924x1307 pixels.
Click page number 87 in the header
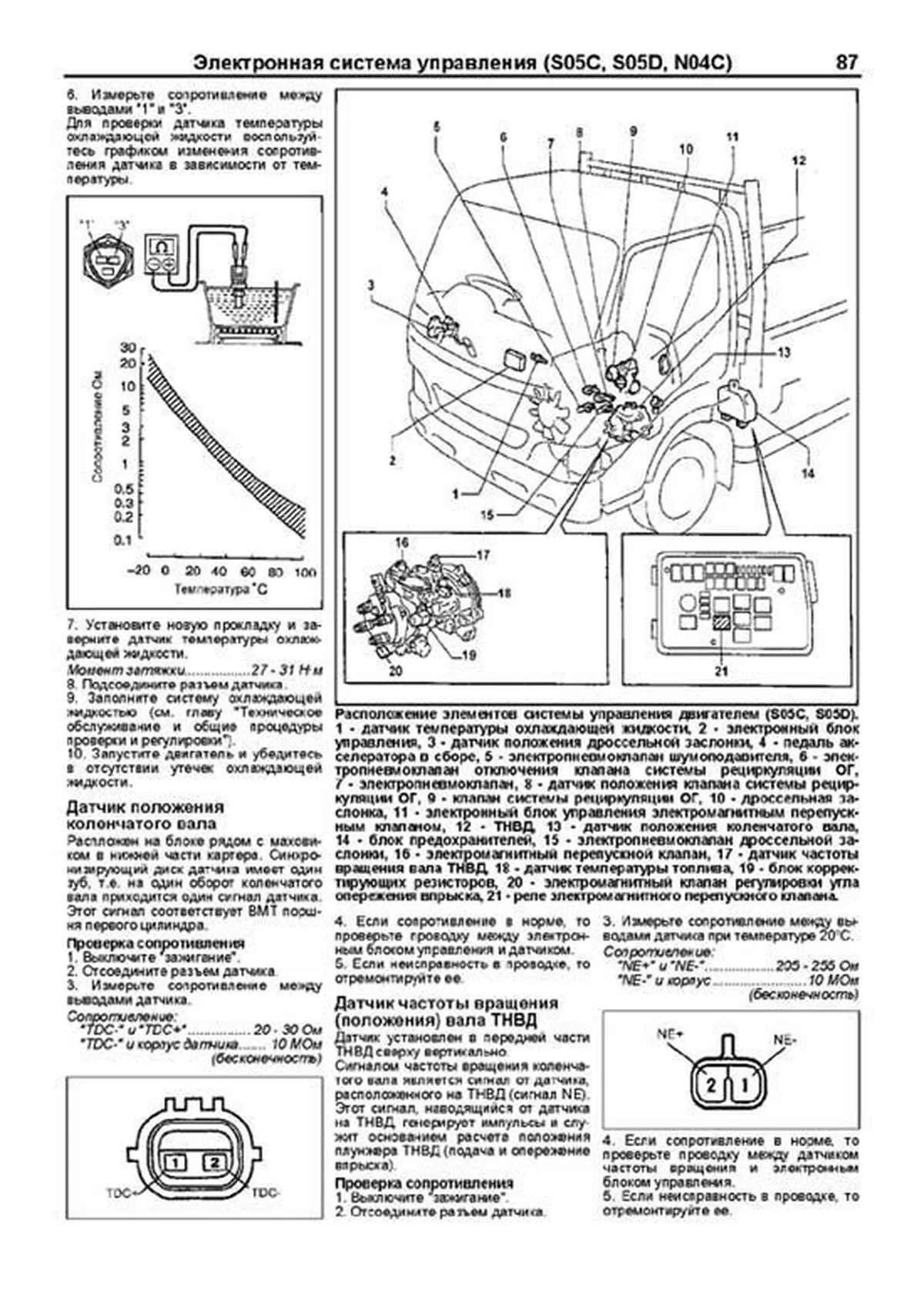point(845,62)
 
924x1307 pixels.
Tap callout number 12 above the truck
point(798,160)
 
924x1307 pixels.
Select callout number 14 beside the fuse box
point(807,474)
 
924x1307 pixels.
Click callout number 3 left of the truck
point(370,285)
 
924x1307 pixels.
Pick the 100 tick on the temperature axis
point(306,572)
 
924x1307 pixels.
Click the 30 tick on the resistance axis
point(128,348)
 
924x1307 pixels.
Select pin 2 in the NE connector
point(711,1086)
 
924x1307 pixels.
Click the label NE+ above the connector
point(670,1034)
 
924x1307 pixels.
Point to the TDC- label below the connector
point(267,1193)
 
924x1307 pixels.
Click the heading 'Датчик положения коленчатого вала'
point(145,816)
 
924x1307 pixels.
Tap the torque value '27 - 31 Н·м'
point(288,671)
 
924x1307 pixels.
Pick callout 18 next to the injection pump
point(504,593)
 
